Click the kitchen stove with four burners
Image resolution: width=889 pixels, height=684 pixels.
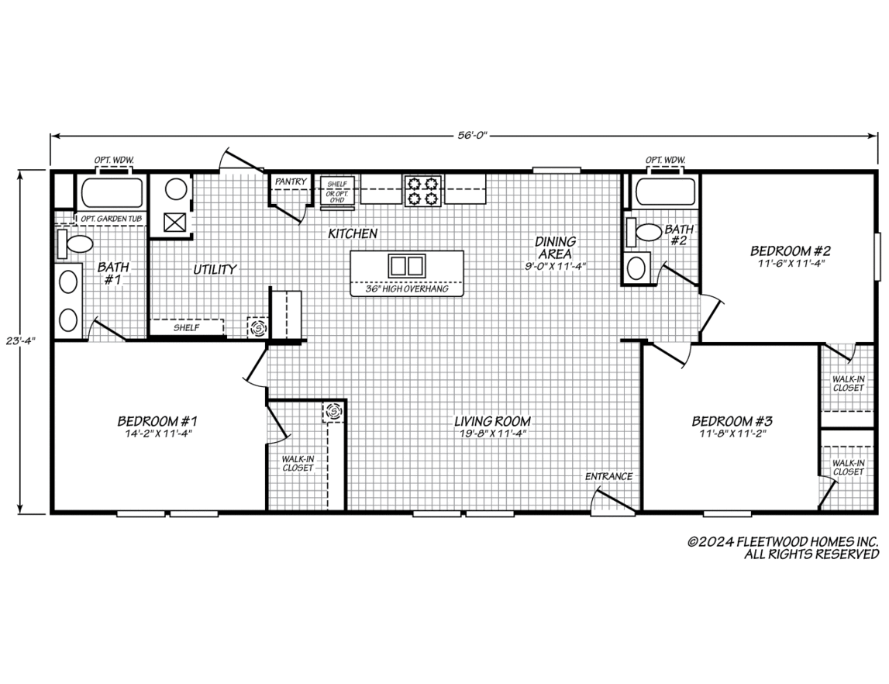(423, 190)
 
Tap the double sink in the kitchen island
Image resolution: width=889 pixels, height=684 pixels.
(406, 265)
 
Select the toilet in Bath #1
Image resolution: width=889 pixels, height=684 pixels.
(74, 244)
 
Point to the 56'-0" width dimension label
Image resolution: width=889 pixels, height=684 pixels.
(472, 135)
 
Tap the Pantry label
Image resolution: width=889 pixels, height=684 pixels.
(291, 181)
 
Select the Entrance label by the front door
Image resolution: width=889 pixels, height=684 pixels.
(609, 476)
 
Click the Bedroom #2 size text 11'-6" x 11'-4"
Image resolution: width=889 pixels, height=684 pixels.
(791, 263)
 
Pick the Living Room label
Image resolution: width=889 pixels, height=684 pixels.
(492, 421)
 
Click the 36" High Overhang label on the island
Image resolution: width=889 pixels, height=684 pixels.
(406, 288)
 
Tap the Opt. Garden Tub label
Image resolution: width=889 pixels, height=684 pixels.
(111, 219)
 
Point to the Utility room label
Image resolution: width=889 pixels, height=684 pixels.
(215, 269)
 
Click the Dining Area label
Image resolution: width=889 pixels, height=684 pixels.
(556, 248)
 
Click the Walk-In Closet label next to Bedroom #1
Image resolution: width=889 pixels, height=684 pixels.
(298, 464)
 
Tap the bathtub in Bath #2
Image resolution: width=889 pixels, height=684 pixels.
(665, 192)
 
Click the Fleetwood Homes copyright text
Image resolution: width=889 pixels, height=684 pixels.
(784, 548)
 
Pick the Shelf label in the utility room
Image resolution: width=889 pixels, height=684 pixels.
(187, 327)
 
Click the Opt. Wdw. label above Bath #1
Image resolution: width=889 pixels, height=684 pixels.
(114, 161)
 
